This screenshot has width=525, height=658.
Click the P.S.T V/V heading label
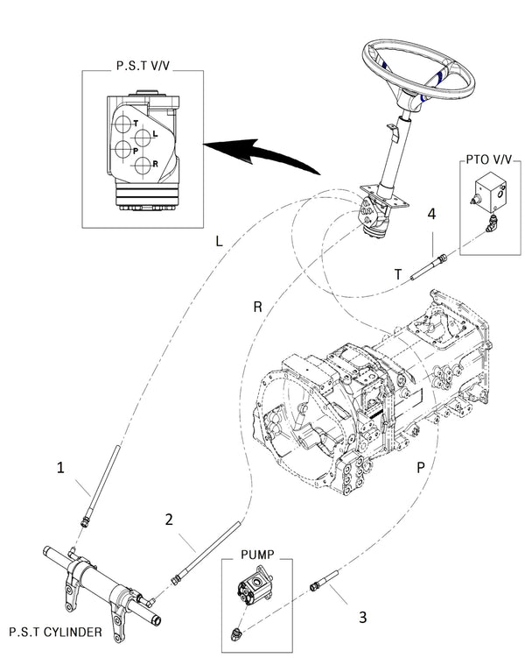143,66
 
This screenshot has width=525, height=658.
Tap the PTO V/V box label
489,159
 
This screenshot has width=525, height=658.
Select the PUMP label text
257,555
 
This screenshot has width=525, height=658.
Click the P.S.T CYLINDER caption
55,632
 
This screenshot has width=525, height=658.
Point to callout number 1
60,468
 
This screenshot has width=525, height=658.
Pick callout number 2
169,520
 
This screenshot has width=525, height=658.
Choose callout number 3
363,618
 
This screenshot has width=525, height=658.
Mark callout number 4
431,214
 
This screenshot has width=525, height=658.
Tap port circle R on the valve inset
143,166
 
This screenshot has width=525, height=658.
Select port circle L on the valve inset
143,137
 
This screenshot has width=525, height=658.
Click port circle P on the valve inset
123,150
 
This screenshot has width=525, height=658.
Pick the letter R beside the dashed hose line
257,308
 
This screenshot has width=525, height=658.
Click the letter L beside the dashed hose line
219,241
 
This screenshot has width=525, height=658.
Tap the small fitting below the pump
235,633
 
